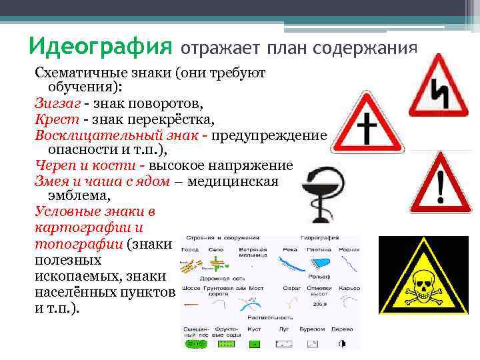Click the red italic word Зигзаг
(57, 104)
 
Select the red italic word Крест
(55, 119)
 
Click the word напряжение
(253, 165)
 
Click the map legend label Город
(191, 249)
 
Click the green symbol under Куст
(254, 345)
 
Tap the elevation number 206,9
(319, 303)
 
